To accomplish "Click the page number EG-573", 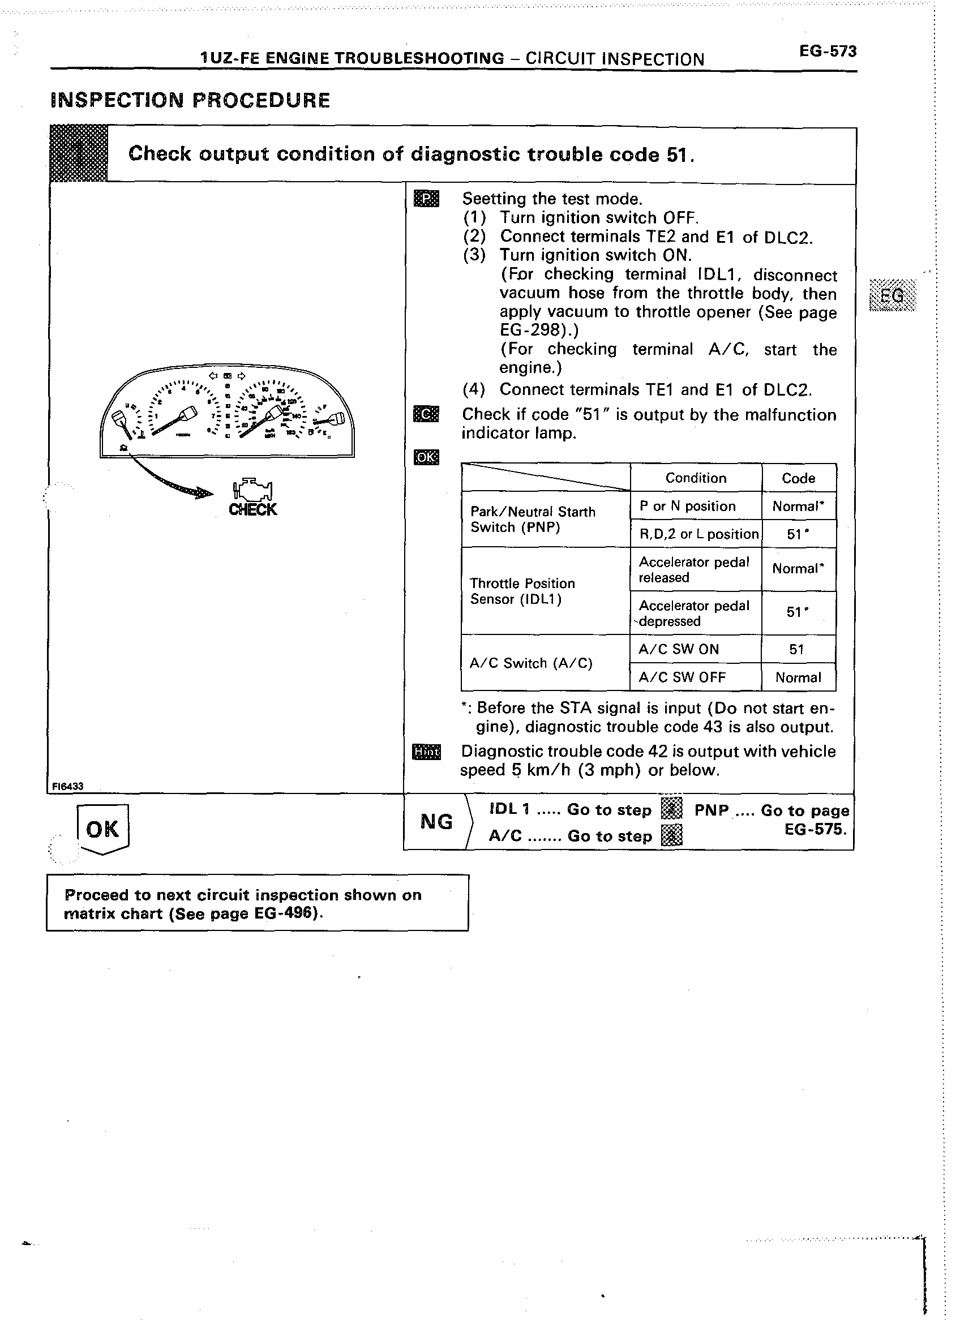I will pyautogui.click(x=828, y=52).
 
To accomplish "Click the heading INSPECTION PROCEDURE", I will pyautogui.click(x=191, y=100).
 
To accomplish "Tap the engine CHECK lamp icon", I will pyautogui.click(x=253, y=491).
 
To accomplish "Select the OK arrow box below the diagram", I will pyautogui.click(x=102, y=829).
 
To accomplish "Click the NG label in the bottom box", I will pyautogui.click(x=436, y=822).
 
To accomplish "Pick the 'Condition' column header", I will pyautogui.click(x=696, y=478).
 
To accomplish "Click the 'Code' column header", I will pyautogui.click(x=798, y=478).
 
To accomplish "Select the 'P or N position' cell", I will pyautogui.click(x=687, y=506).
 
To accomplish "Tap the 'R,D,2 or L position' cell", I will pyautogui.click(x=698, y=534).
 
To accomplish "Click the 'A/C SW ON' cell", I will pyautogui.click(x=679, y=649).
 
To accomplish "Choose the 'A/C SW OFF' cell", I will pyautogui.click(x=682, y=677).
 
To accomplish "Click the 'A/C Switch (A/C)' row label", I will pyautogui.click(x=532, y=663).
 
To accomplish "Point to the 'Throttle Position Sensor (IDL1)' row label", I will pyautogui.click(x=522, y=591).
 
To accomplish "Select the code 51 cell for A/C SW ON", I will pyautogui.click(x=796, y=649).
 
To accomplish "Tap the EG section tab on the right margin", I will pyautogui.click(x=893, y=295).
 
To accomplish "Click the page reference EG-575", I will pyautogui.click(x=815, y=829).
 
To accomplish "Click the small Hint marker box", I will pyautogui.click(x=426, y=751).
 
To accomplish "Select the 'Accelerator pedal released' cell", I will pyautogui.click(x=694, y=569).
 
